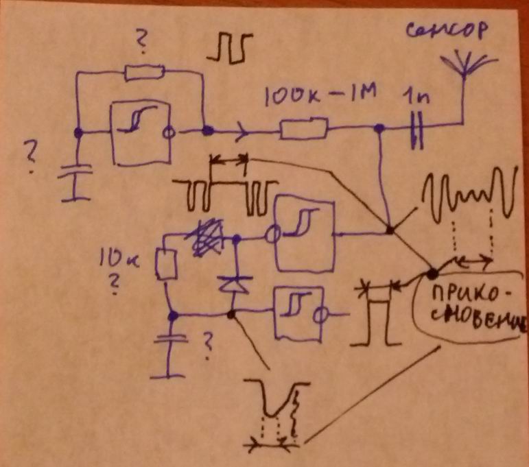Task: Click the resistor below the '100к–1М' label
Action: coord(305,128)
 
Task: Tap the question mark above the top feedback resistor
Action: coord(142,45)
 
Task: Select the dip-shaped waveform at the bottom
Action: coord(277,411)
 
